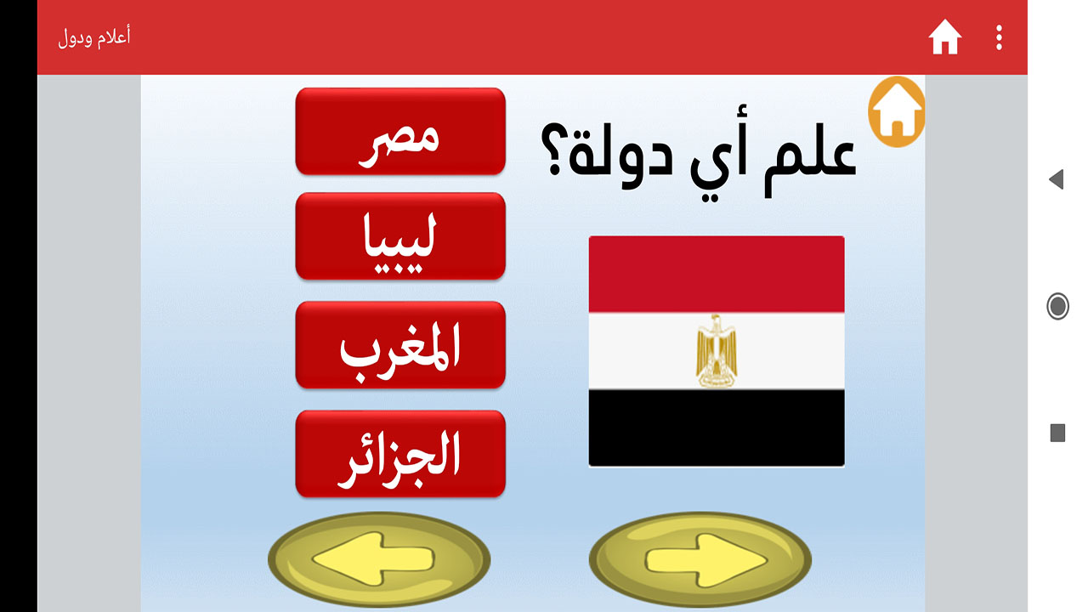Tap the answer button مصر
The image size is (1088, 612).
point(400,131)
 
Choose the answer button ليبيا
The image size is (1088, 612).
point(400,236)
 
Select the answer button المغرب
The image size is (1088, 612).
point(400,345)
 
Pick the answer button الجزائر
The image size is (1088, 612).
point(400,454)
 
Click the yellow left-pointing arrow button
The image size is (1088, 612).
point(379,559)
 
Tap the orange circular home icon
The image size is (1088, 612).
point(897,111)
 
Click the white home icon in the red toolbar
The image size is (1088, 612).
point(944,37)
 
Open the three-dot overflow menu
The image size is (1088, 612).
point(999,37)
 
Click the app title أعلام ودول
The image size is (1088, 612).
point(94,37)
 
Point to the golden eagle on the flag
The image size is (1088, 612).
point(717,351)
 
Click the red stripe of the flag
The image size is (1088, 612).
point(717,275)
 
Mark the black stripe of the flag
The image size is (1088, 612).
point(717,428)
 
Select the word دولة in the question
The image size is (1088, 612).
point(620,155)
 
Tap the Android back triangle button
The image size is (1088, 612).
point(1057,179)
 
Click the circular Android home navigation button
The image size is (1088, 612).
point(1057,307)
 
